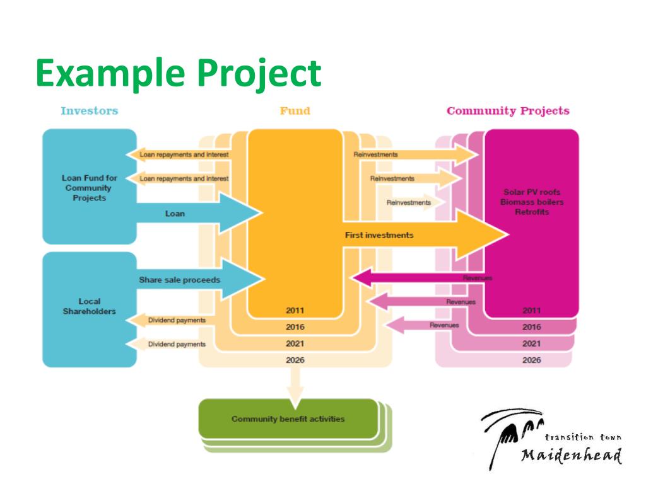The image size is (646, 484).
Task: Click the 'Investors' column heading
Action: (89, 111)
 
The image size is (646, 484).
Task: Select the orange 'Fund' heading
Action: (295, 111)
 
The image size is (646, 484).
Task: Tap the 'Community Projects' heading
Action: (508, 111)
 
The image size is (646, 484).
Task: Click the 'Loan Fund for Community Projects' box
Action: (89, 187)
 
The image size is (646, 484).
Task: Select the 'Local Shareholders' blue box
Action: (89, 306)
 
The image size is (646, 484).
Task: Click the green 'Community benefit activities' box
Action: (288, 419)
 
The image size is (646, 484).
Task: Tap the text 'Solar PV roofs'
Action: (532, 192)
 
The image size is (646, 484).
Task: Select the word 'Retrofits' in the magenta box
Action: (532, 212)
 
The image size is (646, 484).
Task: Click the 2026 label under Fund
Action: (295, 360)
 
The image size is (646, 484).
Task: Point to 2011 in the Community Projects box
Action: (532, 310)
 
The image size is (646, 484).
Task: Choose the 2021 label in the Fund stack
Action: (295, 343)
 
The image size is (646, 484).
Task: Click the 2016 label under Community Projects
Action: (532, 327)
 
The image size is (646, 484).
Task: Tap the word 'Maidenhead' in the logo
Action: (572, 455)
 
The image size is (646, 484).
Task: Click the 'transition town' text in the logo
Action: (583, 437)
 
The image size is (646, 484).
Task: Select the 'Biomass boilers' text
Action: (532, 202)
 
